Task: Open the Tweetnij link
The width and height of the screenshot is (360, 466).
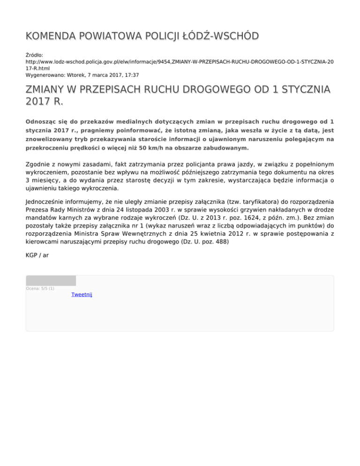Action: click(82, 294)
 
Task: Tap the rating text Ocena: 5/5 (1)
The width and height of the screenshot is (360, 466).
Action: click(40, 288)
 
